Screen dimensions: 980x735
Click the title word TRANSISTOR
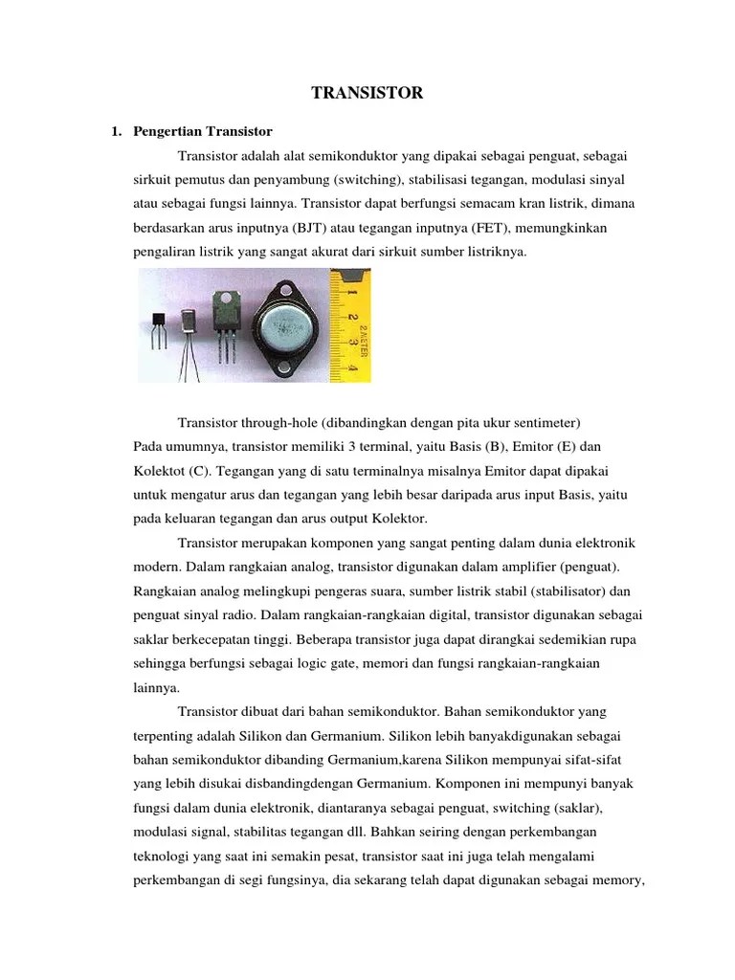367,93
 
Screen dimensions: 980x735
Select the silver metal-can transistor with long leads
190,325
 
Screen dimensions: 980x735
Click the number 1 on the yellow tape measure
352,284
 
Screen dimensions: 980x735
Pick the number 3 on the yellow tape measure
352,341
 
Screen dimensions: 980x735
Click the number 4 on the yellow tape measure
352,367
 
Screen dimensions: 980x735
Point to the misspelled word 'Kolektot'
159,471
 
